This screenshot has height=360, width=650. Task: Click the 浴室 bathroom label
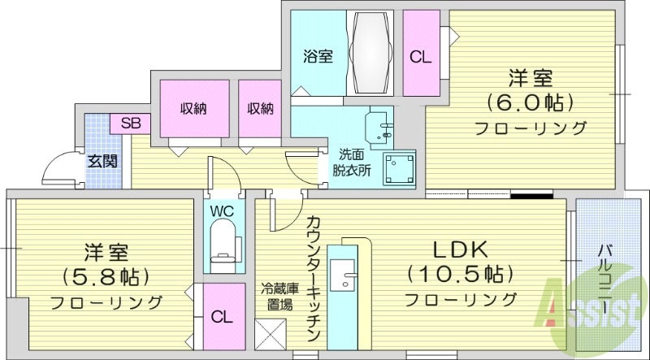(318, 57)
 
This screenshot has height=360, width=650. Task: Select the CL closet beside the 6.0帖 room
(420, 57)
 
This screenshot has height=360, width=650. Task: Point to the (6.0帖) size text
(531, 103)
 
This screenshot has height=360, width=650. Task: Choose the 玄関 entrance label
(102, 161)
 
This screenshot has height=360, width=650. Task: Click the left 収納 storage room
(193, 108)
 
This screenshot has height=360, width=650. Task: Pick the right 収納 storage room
(260, 108)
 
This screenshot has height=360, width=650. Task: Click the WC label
(222, 211)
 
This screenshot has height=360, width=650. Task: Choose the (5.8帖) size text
(105, 276)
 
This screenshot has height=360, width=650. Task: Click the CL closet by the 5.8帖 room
(220, 317)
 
